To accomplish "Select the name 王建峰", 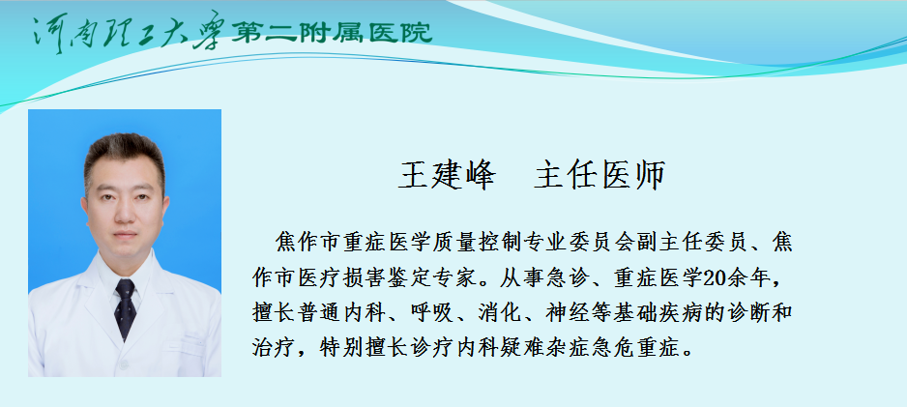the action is coord(447,175).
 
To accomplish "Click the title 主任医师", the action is coord(600,175).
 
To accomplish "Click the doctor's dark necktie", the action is coord(125,308).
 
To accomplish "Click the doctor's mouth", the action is coord(125,235).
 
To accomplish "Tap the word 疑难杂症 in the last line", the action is coord(543,348).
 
